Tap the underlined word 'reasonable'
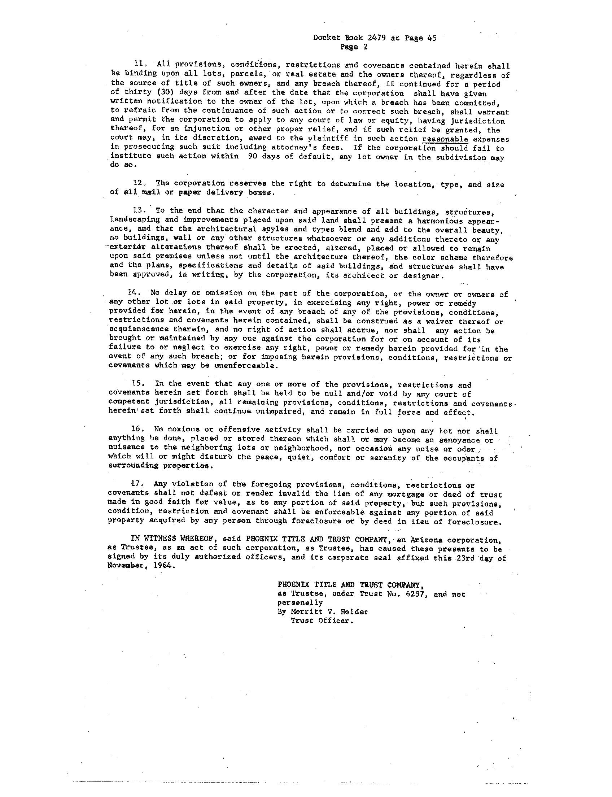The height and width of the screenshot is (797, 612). (x=445, y=139)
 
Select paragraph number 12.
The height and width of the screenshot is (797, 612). (x=140, y=183)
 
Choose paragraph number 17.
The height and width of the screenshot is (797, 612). (x=137, y=484)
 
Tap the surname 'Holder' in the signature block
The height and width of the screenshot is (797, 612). (x=353, y=612)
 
